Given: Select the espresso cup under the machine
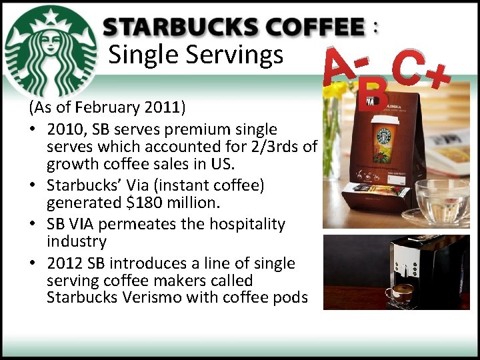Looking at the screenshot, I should [402, 293].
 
